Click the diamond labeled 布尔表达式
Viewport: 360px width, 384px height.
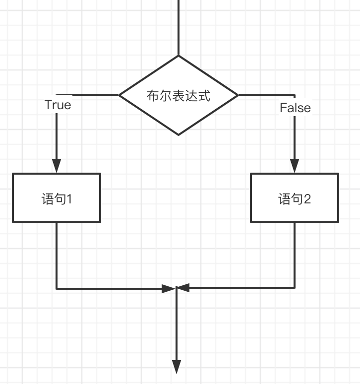tap(179, 95)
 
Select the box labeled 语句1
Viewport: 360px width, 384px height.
tap(57, 197)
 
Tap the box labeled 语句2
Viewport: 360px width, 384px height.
tap(295, 197)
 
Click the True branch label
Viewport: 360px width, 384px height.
tap(58, 105)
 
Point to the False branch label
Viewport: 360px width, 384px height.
tap(295, 108)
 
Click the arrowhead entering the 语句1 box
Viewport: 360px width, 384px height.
tap(57, 166)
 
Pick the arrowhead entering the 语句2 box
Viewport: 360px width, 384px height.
tap(295, 166)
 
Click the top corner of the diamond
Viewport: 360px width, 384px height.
tap(179, 56)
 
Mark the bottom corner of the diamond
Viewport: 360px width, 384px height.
tap(179, 134)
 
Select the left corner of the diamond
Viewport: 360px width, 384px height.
tap(120, 95)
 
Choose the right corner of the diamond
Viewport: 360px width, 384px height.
tap(238, 95)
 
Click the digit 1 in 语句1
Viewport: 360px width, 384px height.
tap(70, 199)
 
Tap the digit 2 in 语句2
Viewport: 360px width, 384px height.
tap(307, 199)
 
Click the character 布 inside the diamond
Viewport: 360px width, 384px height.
tap(153, 95)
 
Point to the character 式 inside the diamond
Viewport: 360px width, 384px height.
tap(204, 95)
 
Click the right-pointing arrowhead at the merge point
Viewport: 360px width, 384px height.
tap(171, 288)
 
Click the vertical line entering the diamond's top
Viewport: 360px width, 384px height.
tap(179, 27)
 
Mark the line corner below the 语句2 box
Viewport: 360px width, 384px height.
tap(295, 287)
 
